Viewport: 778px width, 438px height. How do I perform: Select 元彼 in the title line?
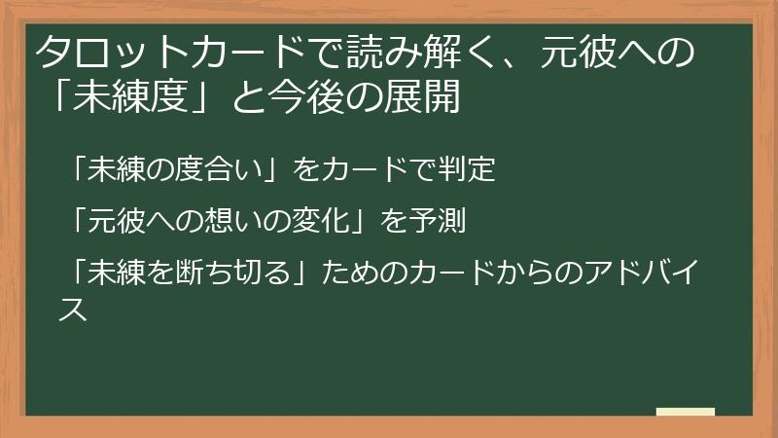[567, 54]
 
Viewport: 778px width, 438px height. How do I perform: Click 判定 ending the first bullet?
[471, 171]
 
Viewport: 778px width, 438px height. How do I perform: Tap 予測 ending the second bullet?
[444, 223]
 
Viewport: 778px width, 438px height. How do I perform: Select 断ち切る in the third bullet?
[233, 274]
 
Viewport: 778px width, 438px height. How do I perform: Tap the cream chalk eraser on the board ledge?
[686, 412]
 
